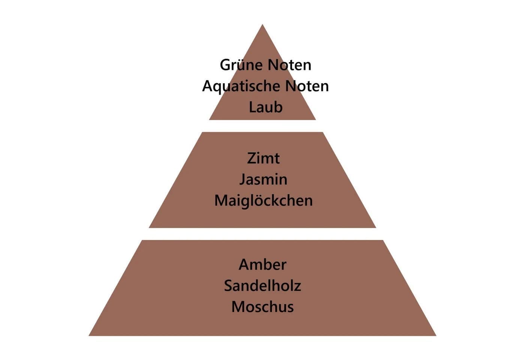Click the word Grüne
click(240, 64)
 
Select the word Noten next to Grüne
click(289, 65)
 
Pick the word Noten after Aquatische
click(307, 86)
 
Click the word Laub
click(265, 107)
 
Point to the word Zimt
click(263, 158)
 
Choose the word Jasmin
click(263, 180)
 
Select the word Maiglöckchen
click(263, 201)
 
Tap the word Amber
click(262, 265)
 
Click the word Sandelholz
click(262, 286)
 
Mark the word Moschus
click(262, 307)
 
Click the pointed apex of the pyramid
click(262, 24)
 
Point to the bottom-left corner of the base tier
click(89, 336)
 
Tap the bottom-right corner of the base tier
click(436, 336)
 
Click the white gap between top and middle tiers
click(262, 126)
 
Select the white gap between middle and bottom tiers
click(262, 234)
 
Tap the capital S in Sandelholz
click(228, 286)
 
